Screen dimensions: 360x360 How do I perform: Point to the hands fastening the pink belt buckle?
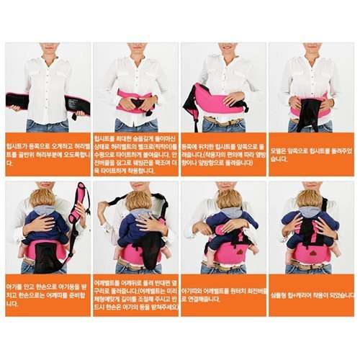pyautogui.click(x=137, y=103)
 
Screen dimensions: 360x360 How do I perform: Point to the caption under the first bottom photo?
pyautogui.click(x=48, y=295)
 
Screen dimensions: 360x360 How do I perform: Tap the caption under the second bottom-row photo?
pyautogui.click(x=136, y=295)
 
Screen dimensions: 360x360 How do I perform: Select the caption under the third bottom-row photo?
pyautogui.click(x=223, y=295)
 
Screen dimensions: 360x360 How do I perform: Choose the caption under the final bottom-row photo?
pyautogui.click(x=311, y=295)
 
